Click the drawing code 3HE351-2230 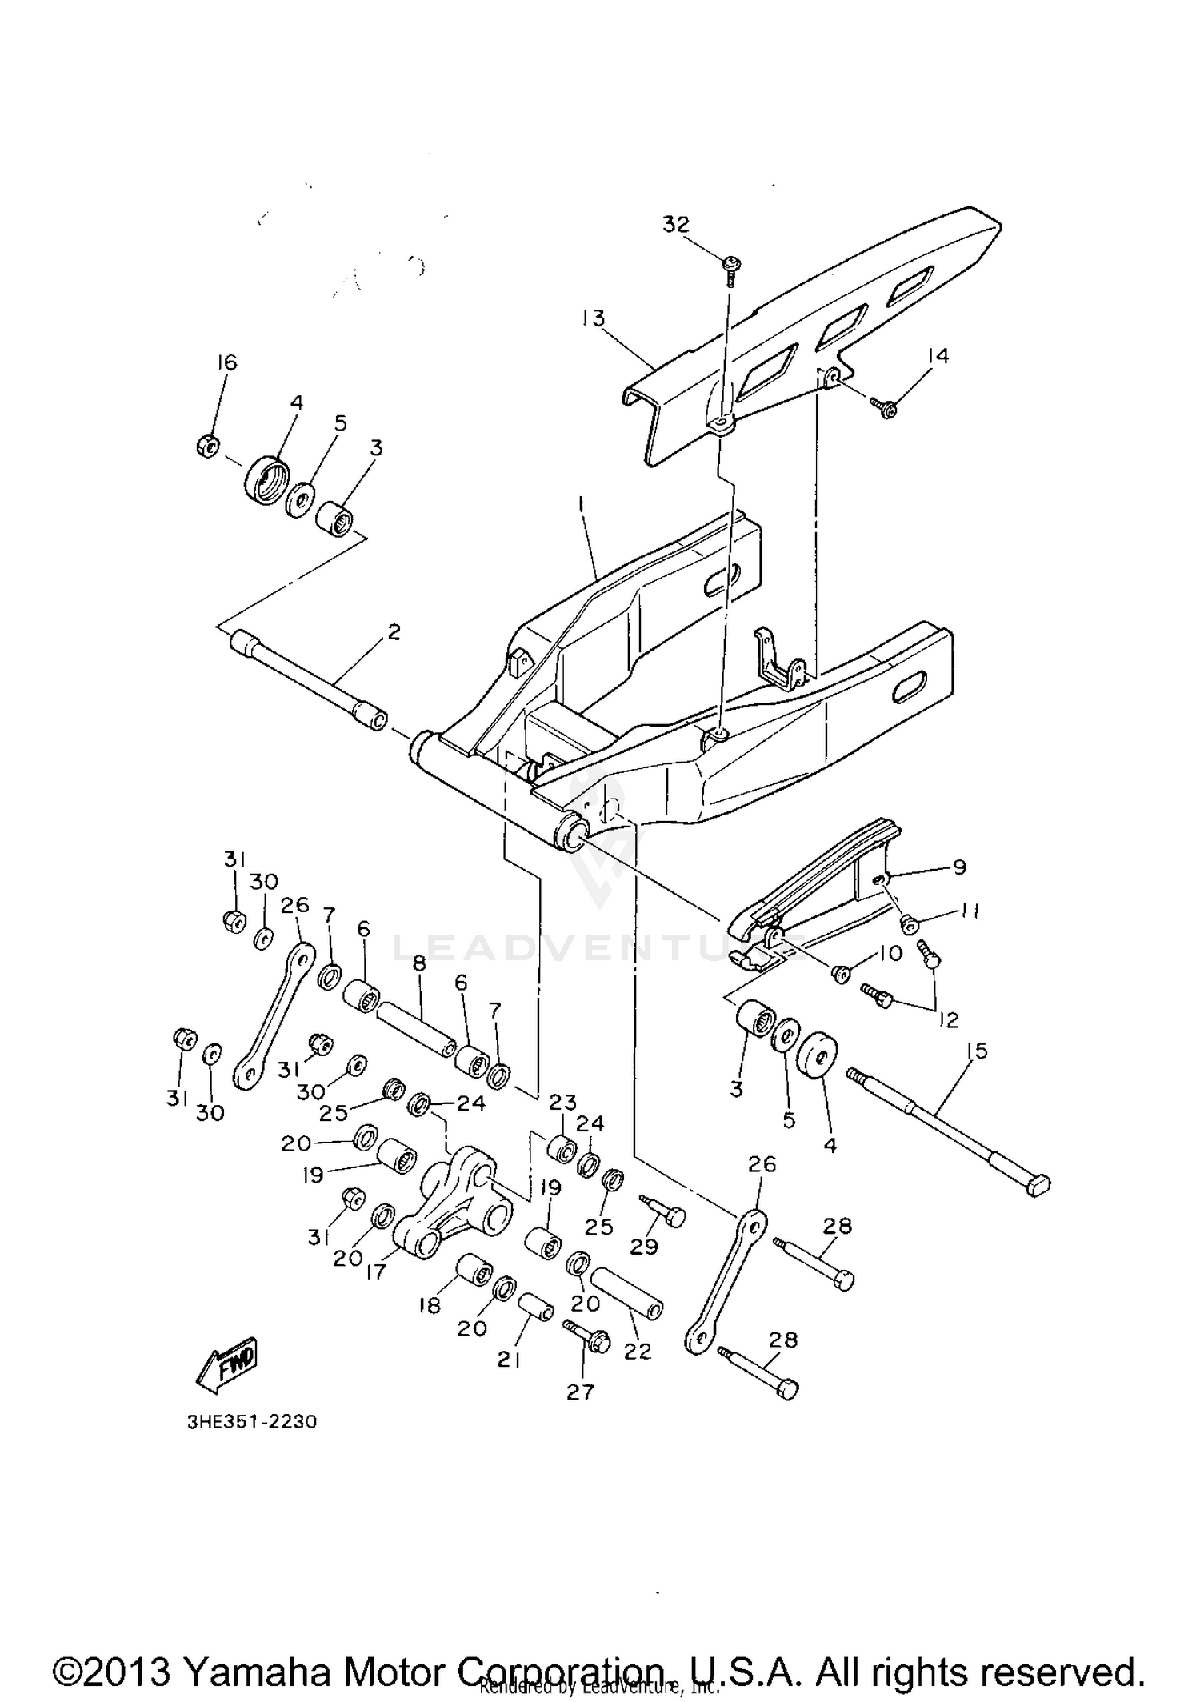point(252,1422)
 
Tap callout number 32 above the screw point(676,225)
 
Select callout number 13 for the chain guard point(594,318)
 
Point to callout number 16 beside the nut point(227,362)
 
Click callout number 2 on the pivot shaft point(393,632)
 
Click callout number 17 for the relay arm point(375,1270)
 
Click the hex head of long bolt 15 point(1037,1186)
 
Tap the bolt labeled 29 point(665,1216)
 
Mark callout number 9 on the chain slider point(959,867)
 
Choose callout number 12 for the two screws point(949,1019)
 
